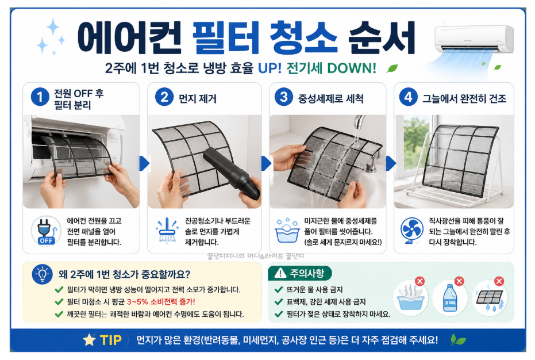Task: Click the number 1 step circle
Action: (40, 97)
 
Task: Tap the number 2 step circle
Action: (164, 97)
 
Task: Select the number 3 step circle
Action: (283, 97)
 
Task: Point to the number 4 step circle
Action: (408, 97)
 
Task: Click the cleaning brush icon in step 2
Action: (167, 230)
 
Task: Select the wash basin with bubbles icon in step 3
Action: (287, 230)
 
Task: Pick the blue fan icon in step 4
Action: (412, 230)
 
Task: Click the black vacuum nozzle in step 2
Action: (232, 174)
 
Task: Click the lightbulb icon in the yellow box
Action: (43, 274)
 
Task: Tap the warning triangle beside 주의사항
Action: (280, 273)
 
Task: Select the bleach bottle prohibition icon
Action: (450, 297)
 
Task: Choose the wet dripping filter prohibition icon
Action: (490, 297)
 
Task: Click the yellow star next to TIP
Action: (90, 340)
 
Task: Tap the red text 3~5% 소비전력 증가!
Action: (161, 302)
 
